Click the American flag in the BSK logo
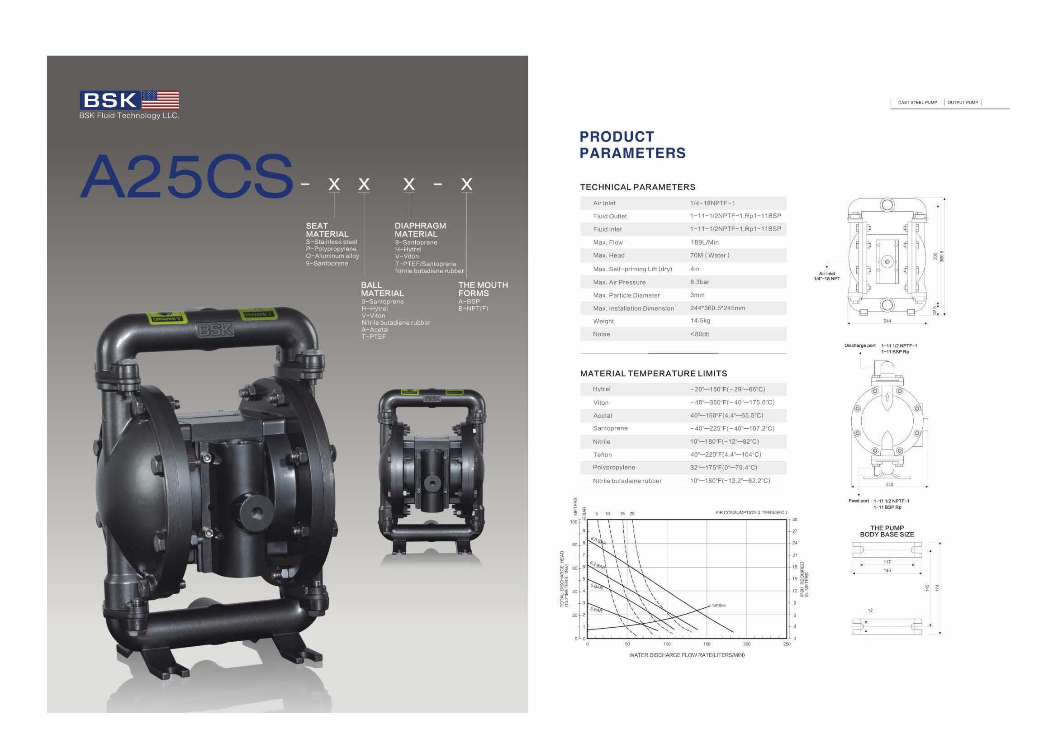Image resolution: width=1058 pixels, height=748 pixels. tap(161, 100)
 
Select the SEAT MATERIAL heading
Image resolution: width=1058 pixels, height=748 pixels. tap(327, 230)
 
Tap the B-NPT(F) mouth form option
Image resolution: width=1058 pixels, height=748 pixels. tap(473, 308)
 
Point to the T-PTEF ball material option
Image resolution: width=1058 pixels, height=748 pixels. tap(374, 337)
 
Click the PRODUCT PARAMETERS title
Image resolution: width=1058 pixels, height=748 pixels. tap(633, 145)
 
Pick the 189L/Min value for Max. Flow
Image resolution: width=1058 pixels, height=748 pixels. tap(704, 242)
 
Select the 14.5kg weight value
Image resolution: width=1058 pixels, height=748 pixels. tap(700, 321)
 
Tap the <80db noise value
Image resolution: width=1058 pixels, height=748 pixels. tap(699, 334)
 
